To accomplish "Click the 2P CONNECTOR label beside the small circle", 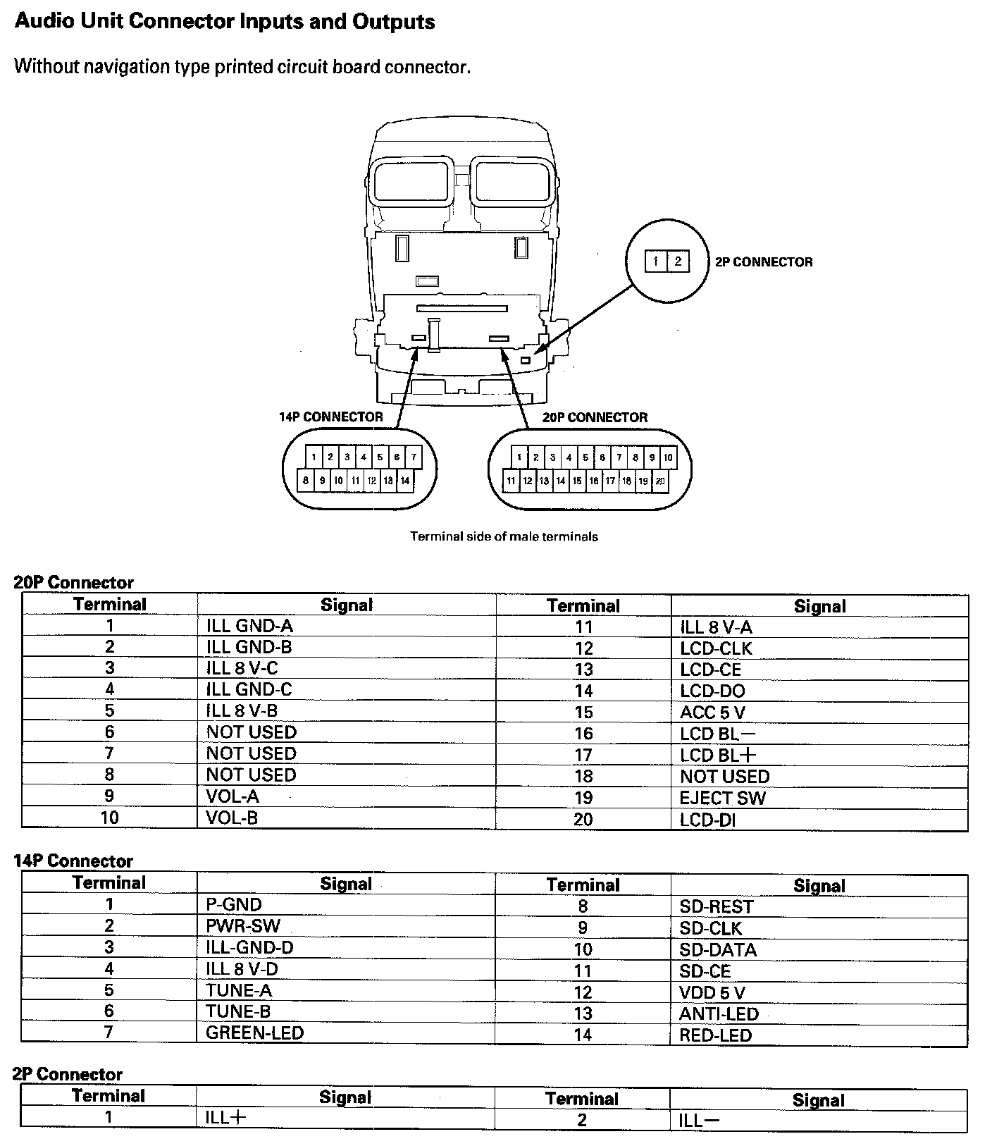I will point(764,262).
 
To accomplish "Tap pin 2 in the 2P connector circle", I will point(678,261).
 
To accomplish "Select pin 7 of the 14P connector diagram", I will point(414,457).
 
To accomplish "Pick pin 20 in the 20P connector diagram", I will point(660,481).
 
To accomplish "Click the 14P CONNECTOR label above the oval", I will point(330,417).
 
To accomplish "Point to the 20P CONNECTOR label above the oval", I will point(595,417).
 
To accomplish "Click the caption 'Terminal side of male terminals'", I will point(504,536).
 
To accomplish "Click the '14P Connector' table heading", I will point(73,861).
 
